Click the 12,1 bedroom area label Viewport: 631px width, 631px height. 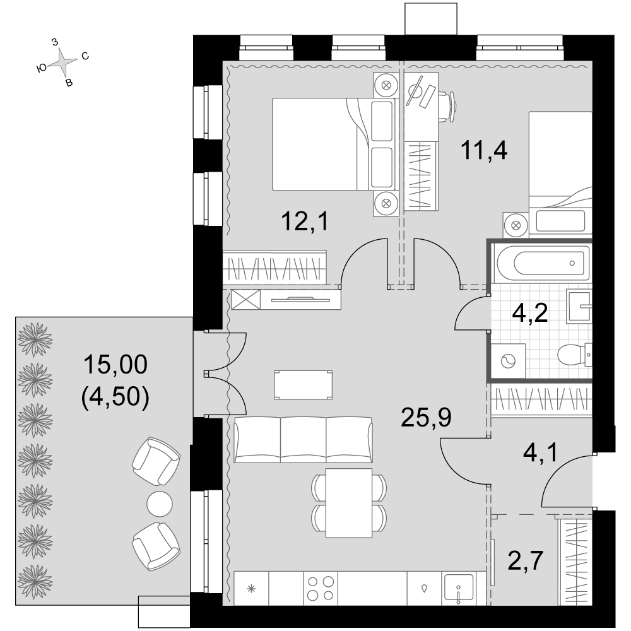tap(305, 221)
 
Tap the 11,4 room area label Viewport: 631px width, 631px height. tap(483, 151)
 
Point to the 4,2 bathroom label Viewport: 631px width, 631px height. tap(529, 313)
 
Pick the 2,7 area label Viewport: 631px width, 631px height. tap(526, 560)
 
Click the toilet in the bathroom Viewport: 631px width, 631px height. tap(574, 355)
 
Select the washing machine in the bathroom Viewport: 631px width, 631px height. tap(508, 360)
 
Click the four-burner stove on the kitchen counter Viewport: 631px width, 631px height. tap(321, 588)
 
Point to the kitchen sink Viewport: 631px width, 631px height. tap(458, 588)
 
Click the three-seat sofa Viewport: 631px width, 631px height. tap(303, 440)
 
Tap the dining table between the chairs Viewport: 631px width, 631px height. tap(349, 503)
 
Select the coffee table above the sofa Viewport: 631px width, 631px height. tap(303, 385)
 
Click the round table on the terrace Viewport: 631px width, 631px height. tap(160, 504)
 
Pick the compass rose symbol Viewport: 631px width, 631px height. tap(62, 62)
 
